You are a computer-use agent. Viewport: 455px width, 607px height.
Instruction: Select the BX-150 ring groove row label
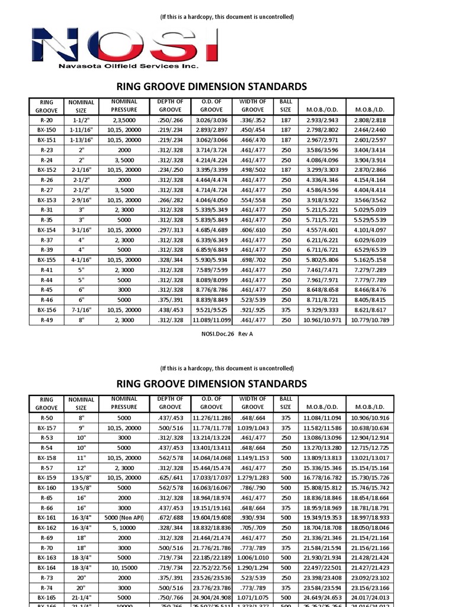[x=47, y=129]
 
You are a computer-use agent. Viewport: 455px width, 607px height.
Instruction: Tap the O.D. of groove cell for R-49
[x=212, y=320]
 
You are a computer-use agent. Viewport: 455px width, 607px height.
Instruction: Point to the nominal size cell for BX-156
[x=81, y=309]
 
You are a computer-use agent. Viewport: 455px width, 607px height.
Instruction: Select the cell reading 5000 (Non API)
[x=124, y=517]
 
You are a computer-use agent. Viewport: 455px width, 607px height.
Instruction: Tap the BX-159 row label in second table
[x=47, y=477]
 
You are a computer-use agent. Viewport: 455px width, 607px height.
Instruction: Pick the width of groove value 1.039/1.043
[x=253, y=427]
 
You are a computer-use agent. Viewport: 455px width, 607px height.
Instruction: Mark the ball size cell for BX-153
[x=286, y=200]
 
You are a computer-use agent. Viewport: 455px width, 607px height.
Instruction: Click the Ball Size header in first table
[x=286, y=106]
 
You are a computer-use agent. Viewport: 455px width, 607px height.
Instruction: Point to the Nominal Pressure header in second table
[x=124, y=403]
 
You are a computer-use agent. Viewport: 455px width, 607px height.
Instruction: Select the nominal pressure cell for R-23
[x=124, y=151]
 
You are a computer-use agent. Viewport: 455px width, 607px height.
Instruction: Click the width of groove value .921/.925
[x=253, y=309]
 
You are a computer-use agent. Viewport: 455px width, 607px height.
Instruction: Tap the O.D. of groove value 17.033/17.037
[x=212, y=477]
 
